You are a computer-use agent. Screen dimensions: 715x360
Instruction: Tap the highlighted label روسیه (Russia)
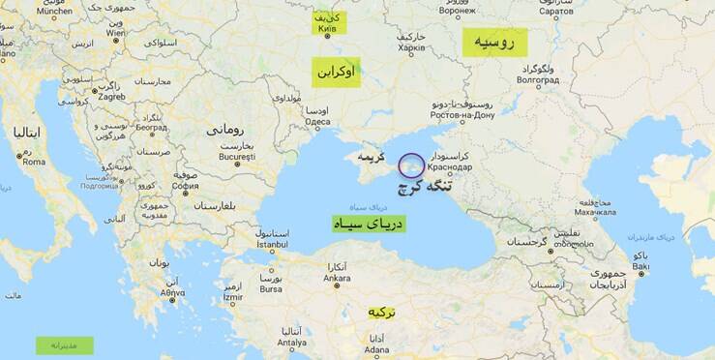point(494,42)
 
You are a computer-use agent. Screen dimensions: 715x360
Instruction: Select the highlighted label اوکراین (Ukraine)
point(335,72)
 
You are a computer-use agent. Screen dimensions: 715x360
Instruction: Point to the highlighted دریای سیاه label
point(368,224)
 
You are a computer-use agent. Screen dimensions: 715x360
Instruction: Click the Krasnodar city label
point(451,166)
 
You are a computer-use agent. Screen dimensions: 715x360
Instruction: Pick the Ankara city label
point(337,279)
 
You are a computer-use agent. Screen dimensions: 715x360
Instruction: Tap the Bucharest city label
point(236,156)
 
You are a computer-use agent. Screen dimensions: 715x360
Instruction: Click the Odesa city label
point(317,122)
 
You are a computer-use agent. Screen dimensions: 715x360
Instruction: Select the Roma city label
point(34,162)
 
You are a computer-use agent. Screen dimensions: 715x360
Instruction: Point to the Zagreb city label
point(111,96)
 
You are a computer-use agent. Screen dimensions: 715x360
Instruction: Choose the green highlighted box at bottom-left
point(65,345)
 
